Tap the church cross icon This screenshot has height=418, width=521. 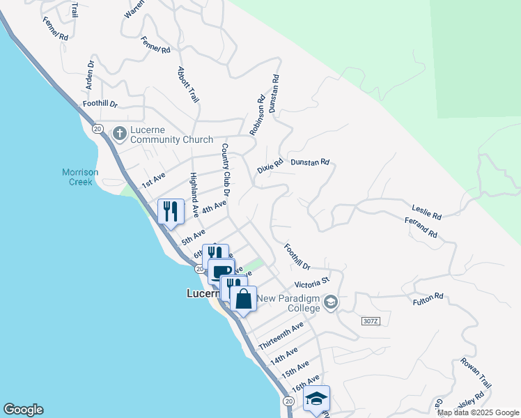coord(119,132)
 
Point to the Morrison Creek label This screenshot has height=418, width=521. coord(80,177)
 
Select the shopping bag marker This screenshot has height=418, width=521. coord(243,299)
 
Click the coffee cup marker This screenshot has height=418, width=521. coord(221,272)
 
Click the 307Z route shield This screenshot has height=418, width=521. coord(371,320)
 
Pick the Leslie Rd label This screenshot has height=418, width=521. coord(426,212)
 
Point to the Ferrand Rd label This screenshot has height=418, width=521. coord(420,228)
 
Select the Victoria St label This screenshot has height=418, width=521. coord(311,284)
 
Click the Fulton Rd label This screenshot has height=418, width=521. coord(428,297)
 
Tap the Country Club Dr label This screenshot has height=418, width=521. coord(226,169)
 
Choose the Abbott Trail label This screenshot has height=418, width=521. coord(188,84)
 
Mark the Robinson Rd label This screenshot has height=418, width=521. coord(258,115)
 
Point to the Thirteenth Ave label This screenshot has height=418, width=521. coord(281,336)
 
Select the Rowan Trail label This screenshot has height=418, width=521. coord(476,376)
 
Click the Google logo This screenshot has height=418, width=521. coord(23,410)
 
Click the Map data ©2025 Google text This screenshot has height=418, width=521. coord(478,412)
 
